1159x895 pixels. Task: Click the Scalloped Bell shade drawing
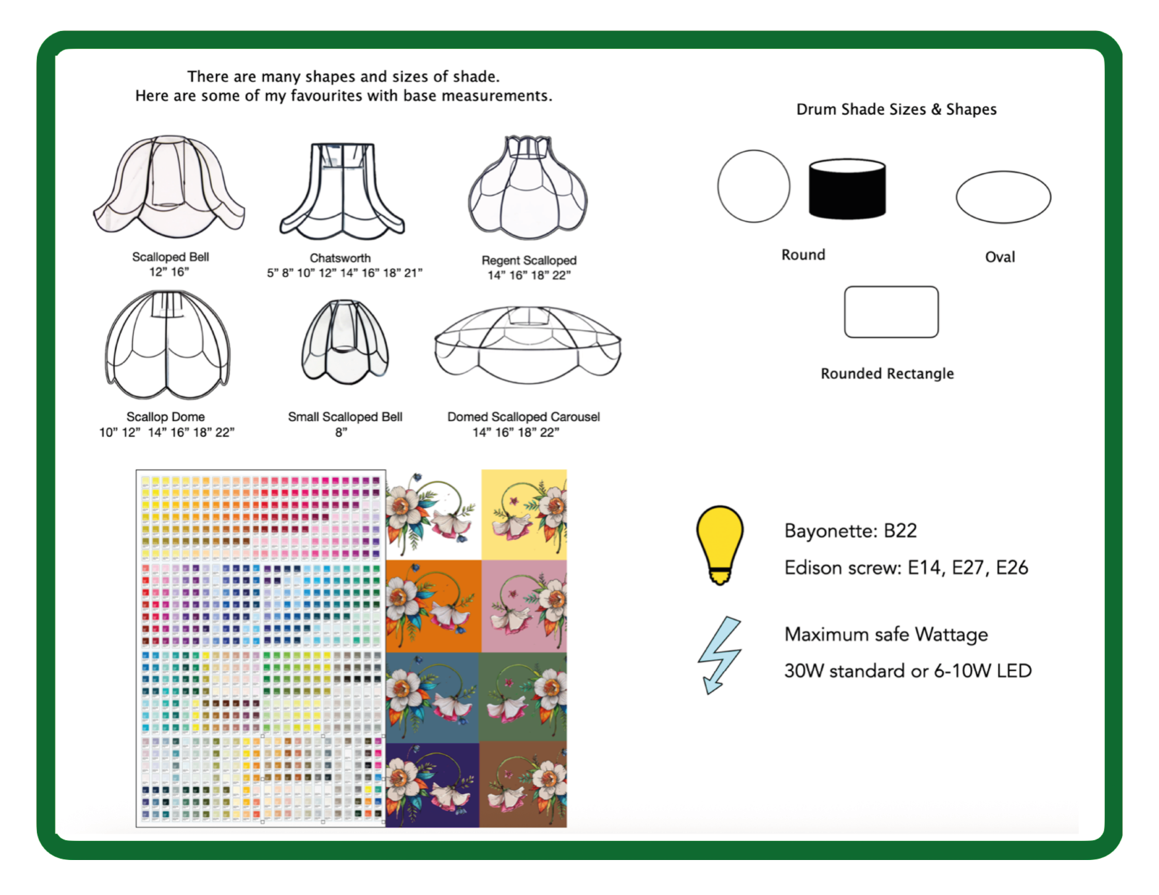tap(169, 187)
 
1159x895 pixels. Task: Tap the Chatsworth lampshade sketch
tap(342, 191)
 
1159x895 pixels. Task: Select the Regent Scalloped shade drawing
tap(528, 188)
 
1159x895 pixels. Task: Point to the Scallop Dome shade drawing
tap(168, 346)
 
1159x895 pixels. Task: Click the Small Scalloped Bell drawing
tap(345, 343)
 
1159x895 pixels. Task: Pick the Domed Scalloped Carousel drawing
tap(528, 345)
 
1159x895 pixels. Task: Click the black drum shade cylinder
tap(847, 189)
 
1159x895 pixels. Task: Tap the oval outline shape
tap(1003, 197)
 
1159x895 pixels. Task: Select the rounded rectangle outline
tap(891, 312)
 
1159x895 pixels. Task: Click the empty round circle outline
tap(754, 186)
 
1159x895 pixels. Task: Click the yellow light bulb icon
tap(720, 544)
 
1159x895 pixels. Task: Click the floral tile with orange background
tap(433, 606)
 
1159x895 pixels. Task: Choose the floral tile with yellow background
tap(524, 515)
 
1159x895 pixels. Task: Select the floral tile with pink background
tap(524, 606)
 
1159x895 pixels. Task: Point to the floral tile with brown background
tap(523, 785)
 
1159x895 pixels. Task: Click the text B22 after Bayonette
tap(900, 531)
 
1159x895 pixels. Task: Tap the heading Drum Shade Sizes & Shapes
tap(896, 110)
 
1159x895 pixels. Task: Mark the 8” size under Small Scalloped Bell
tap(341, 432)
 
